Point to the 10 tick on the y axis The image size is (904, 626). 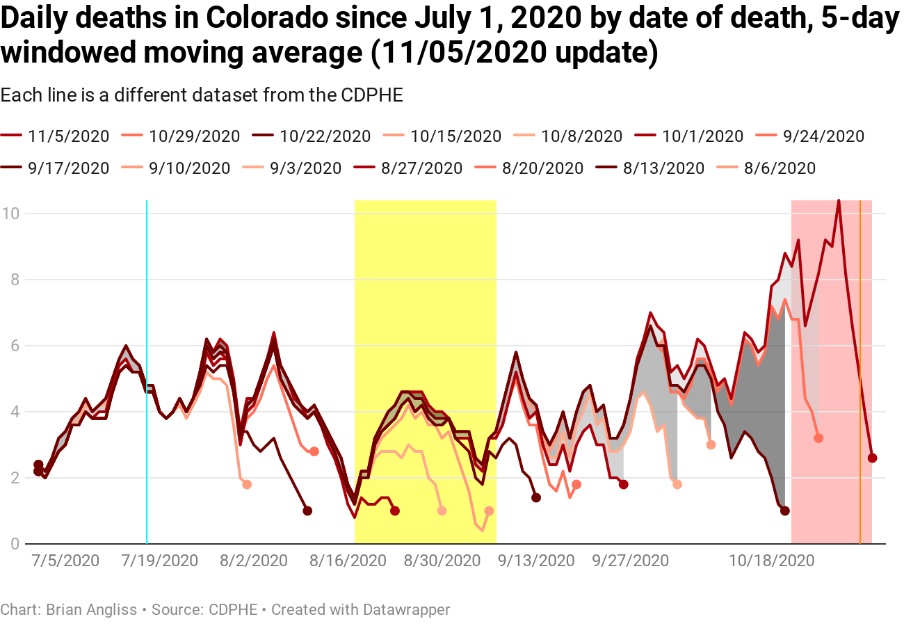11,213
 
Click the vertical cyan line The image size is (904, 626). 147,369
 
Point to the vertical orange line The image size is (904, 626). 860,369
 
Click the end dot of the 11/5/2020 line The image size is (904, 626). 873,458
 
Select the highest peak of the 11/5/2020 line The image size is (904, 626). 839,201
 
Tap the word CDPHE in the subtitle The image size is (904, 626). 372,95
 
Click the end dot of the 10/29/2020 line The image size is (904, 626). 818,438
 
